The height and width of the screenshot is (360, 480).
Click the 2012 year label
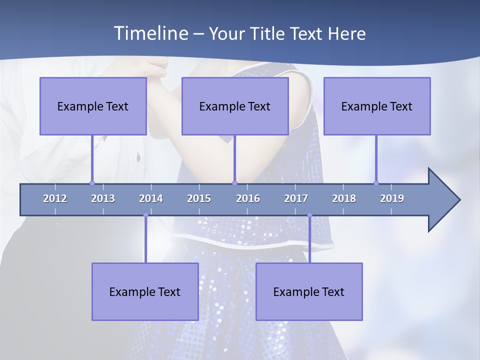(55, 198)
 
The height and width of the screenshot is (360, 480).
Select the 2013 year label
(103, 198)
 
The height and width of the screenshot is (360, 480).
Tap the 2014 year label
(151, 198)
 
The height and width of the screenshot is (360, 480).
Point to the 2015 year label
(199, 198)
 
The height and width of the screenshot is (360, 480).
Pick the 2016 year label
(248, 198)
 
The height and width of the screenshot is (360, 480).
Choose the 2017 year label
(296, 198)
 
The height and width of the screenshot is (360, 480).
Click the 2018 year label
(344, 198)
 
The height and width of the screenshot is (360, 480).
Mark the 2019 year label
(392, 198)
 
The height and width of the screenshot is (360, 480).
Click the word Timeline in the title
(150, 33)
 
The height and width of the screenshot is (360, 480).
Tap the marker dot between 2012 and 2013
(92, 183)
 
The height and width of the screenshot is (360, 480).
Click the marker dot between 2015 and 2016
(234, 183)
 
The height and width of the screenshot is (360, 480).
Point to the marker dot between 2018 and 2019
(376, 183)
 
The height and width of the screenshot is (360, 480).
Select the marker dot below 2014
(145, 215)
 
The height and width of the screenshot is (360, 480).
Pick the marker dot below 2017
(309, 215)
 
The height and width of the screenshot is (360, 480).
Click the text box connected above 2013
(93, 106)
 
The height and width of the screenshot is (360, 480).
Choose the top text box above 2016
(235, 106)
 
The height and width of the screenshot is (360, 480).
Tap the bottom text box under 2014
(145, 291)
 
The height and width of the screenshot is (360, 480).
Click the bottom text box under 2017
(309, 291)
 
